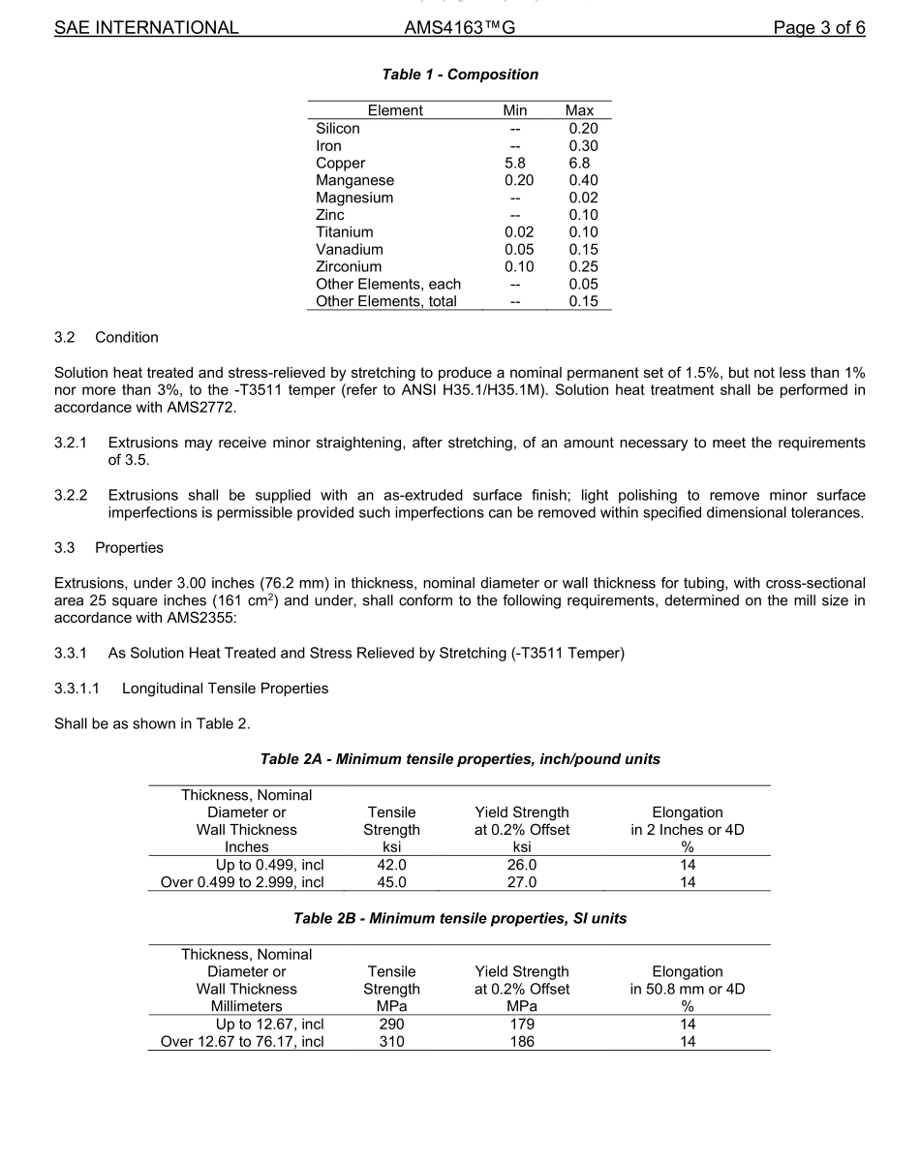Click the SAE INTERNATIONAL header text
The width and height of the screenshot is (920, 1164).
point(146,28)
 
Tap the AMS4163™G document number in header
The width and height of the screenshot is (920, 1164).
point(459,28)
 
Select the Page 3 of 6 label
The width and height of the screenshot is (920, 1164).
point(818,28)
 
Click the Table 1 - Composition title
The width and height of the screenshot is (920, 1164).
point(460,75)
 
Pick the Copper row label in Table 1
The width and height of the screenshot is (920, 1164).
point(340,164)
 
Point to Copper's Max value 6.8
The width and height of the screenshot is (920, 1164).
point(579,164)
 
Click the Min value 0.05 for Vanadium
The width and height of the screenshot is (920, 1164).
point(519,250)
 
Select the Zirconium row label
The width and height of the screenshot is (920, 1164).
point(349,267)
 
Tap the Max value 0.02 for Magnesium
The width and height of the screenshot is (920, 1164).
point(583,198)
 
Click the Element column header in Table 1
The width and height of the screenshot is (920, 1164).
point(395,110)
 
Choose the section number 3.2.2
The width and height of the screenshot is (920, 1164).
point(71,496)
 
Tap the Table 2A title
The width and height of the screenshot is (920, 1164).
point(460,759)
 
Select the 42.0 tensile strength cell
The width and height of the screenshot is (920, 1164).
point(391,865)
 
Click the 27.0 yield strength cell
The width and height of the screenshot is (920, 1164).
point(522,882)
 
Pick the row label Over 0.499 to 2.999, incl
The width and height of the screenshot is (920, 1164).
point(242,882)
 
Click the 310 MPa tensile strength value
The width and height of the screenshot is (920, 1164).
point(391,1042)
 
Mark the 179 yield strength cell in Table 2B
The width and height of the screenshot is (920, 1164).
point(522,1025)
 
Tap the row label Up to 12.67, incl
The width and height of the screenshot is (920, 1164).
point(269,1025)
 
